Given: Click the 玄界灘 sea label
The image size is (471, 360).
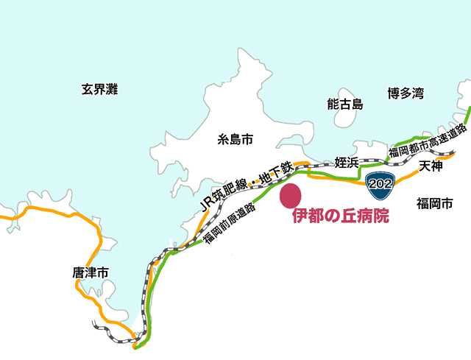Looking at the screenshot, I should (x=100, y=91).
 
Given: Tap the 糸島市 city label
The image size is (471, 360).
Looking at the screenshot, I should (x=235, y=138).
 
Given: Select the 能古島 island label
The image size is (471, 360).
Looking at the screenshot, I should (x=345, y=105).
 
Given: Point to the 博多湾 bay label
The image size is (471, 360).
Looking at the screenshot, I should (x=406, y=93).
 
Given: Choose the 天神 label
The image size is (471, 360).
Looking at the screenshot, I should (x=431, y=167).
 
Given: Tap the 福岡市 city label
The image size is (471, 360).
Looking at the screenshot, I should (x=433, y=203).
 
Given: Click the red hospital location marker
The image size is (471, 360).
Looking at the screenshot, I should (x=291, y=197).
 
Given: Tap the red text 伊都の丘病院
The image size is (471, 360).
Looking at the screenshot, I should (x=340, y=218).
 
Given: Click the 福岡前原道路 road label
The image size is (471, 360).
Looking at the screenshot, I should (x=229, y=223).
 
